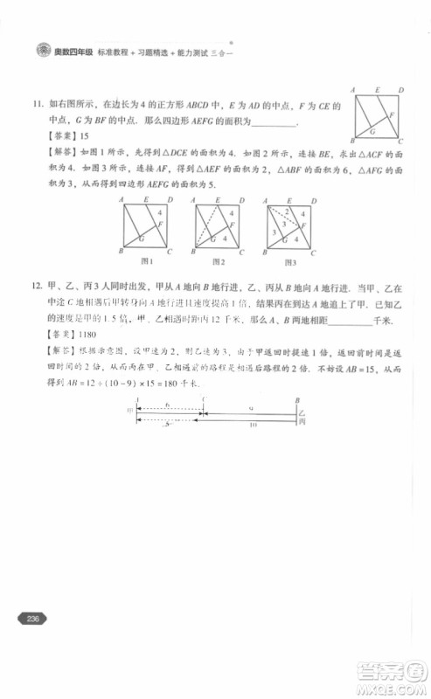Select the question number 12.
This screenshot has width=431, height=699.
coord(37,287)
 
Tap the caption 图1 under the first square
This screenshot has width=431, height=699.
coord(147,261)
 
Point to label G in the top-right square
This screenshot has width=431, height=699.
coord(372,131)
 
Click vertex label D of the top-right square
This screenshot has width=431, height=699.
coord(400,90)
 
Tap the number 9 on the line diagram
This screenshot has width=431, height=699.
coord(252,407)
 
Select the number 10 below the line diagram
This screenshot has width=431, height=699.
coord(253,426)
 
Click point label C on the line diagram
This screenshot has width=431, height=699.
coord(203,398)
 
